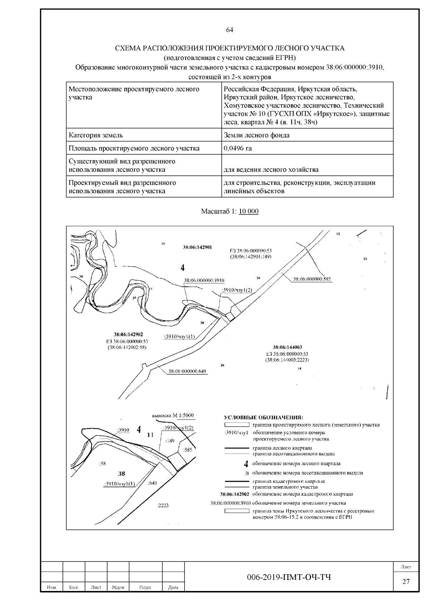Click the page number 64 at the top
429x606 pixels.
(x=230, y=30)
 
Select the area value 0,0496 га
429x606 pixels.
(x=238, y=148)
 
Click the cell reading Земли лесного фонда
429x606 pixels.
(x=256, y=135)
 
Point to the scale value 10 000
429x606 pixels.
(x=248, y=211)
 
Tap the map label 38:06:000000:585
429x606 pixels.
(x=312, y=279)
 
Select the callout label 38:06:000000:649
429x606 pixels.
(x=187, y=371)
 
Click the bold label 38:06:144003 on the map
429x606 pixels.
(x=287, y=347)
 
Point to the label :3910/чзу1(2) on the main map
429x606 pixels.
(x=237, y=290)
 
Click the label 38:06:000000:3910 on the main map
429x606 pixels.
(x=204, y=280)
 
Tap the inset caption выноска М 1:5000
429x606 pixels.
(x=173, y=415)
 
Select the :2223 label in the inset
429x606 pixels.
(x=163, y=505)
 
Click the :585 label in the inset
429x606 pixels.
(x=187, y=450)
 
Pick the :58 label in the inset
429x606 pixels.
(x=102, y=464)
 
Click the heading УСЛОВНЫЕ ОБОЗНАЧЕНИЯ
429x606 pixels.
(x=263, y=417)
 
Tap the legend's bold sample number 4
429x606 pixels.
(x=246, y=464)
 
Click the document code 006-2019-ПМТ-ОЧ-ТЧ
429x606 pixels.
(x=289, y=577)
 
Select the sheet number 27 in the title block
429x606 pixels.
(x=406, y=582)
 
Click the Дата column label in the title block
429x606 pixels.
(x=173, y=587)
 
